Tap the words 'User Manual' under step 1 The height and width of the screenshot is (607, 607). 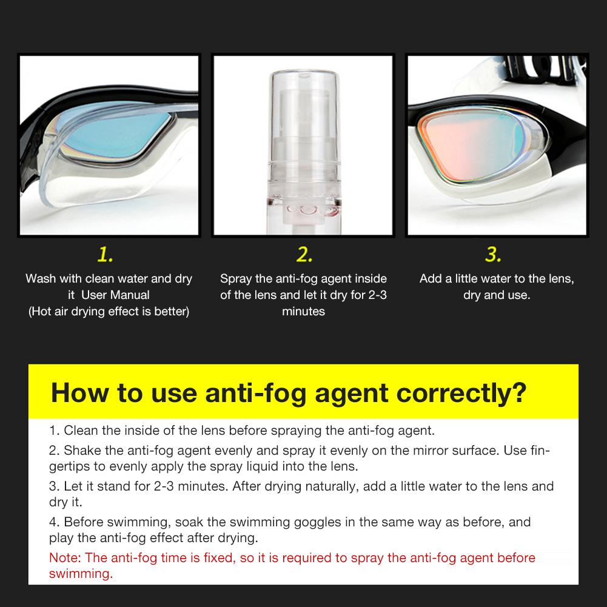pyautogui.click(x=115, y=295)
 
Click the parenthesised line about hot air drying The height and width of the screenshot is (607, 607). pyautogui.click(x=109, y=312)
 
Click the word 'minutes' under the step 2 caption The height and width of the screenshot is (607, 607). pyautogui.click(x=303, y=312)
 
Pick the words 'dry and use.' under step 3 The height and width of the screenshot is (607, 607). pyautogui.click(x=497, y=295)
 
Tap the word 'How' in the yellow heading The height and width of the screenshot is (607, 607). pyautogui.click(x=77, y=392)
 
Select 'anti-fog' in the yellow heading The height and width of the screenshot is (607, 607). pyautogui.click(x=238, y=392)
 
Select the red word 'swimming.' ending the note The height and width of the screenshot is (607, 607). pyautogui.click(x=81, y=574)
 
